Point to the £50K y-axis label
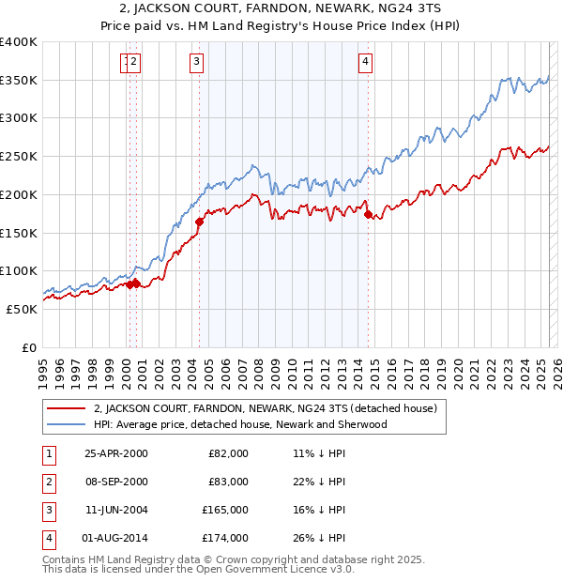pyautogui.click(x=22, y=309)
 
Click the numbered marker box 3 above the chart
pyautogui.click(x=196, y=62)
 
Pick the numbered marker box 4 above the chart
pyautogui.click(x=364, y=62)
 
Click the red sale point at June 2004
pyautogui.click(x=200, y=222)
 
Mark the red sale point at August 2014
pyautogui.click(x=368, y=215)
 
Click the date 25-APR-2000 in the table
pyautogui.click(x=116, y=453)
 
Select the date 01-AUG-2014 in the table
pyautogui.click(x=116, y=538)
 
